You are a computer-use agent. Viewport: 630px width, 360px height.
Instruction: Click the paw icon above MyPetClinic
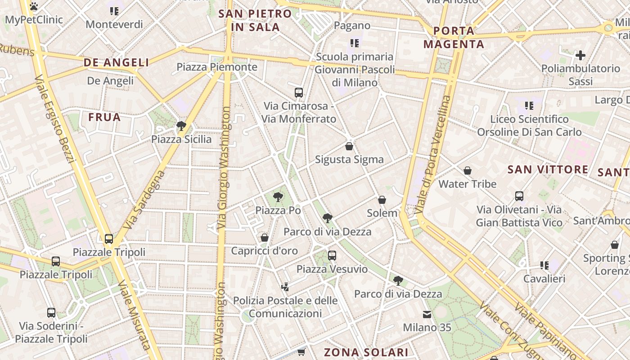[x=34, y=6]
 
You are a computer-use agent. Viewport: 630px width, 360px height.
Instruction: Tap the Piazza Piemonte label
[x=217, y=67]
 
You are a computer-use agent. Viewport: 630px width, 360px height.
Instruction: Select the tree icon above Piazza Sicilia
[x=181, y=126]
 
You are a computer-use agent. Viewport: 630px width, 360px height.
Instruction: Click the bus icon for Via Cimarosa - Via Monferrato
[x=299, y=93]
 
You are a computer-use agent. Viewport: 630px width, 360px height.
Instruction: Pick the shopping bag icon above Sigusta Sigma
[x=349, y=146]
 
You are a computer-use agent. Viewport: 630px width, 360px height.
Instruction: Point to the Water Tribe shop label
[x=468, y=184]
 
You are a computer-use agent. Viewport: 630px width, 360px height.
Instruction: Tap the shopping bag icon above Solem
[x=382, y=200]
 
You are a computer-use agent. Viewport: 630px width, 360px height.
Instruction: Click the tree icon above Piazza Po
[x=278, y=197]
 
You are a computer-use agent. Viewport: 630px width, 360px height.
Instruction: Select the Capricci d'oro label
[x=265, y=251]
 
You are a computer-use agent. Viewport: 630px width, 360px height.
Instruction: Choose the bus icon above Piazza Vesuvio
[x=332, y=256]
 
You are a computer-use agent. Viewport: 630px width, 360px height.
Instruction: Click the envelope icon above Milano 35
[x=427, y=314]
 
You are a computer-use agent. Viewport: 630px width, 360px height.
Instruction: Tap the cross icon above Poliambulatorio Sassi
[x=580, y=55]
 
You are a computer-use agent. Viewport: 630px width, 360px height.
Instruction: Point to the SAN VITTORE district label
[x=548, y=169]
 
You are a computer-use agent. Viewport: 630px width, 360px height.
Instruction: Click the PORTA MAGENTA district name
[x=454, y=37]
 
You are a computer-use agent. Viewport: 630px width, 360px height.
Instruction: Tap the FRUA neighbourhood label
[x=104, y=117]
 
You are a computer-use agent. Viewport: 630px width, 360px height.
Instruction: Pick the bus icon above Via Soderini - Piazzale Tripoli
[x=51, y=313]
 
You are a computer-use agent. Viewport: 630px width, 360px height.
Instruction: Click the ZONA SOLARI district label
[x=366, y=352]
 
